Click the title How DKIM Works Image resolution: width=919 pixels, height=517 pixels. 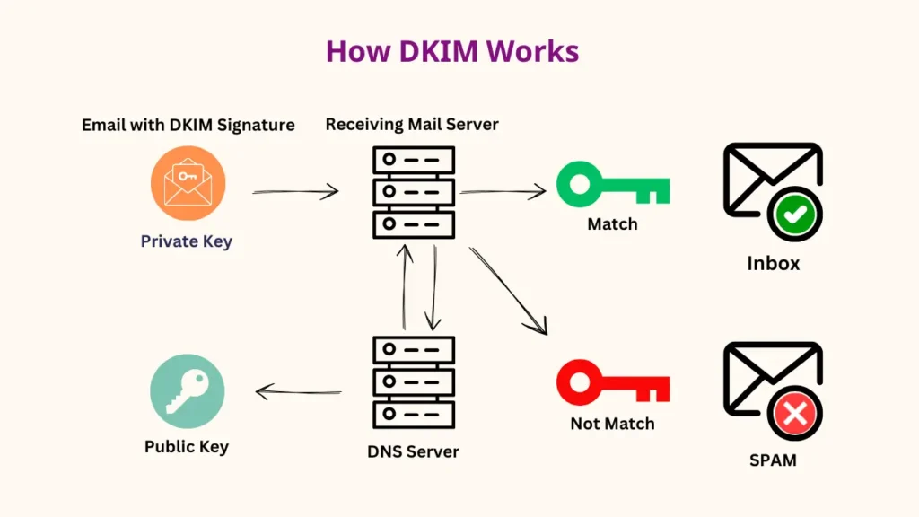tap(452, 51)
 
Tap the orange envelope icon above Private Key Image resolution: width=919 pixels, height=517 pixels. tap(188, 183)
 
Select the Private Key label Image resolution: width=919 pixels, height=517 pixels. tap(187, 241)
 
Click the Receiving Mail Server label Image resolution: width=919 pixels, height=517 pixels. tap(412, 124)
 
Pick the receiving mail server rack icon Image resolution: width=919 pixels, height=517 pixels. tap(413, 192)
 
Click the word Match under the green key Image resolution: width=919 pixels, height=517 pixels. tap(612, 224)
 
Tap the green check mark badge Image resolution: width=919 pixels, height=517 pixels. tap(794, 215)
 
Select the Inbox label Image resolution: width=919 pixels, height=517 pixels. tap(773, 264)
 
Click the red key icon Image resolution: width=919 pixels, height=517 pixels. tap(612, 383)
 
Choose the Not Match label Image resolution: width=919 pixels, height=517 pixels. tap(612, 424)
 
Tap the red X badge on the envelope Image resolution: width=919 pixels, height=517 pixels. tap(794, 414)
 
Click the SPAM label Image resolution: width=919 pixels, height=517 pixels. tap(773, 460)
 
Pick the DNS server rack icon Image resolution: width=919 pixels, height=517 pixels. tap(413, 381)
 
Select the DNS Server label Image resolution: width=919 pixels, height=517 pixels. tap(414, 451)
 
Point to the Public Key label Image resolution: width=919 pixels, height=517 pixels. tap(187, 446)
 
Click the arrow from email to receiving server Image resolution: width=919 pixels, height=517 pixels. tap(294, 191)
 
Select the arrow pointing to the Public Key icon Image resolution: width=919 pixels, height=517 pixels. tap(299, 391)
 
